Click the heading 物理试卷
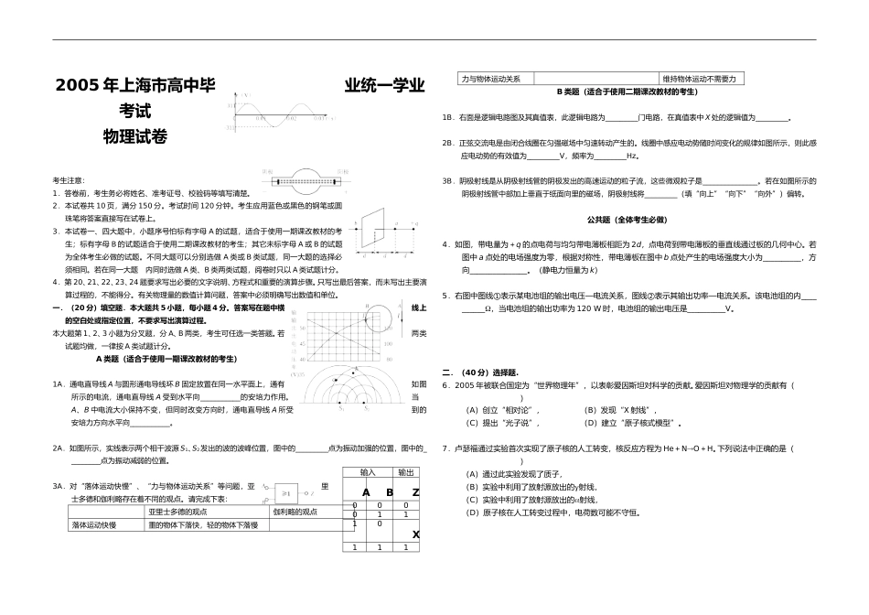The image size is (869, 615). coord(136,136)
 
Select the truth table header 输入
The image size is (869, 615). coord(368,472)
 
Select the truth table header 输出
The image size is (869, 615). coord(405,472)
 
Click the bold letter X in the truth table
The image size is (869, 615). coord(415,534)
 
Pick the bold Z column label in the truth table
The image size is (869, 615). coord(415,493)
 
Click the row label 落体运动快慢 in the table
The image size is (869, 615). coord(95,525)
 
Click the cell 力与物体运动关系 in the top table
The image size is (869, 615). coord(491,80)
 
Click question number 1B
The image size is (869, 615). coord(448,118)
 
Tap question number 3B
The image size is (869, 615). coord(448,181)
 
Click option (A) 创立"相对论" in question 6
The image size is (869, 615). coord(498,410)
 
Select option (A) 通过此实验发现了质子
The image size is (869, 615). coord(511,474)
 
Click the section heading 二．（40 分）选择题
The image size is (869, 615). coord(480,372)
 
